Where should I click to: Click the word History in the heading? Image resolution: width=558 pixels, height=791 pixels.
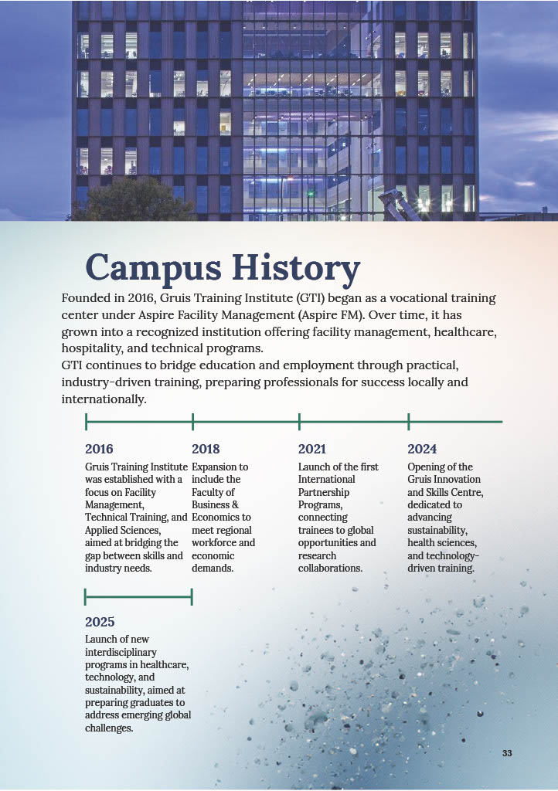point(296,268)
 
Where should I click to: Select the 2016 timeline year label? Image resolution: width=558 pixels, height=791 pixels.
point(99,449)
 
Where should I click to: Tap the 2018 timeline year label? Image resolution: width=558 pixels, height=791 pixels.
point(206,449)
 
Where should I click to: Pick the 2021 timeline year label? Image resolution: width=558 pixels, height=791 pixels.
point(312,449)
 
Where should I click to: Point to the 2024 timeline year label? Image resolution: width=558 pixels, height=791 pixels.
point(422,449)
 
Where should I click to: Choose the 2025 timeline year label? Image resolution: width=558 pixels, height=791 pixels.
point(100,622)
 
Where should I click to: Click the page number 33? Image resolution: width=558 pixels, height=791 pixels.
point(507,753)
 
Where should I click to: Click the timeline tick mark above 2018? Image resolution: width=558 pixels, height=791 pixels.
point(192,422)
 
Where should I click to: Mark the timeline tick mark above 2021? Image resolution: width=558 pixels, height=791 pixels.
point(299,422)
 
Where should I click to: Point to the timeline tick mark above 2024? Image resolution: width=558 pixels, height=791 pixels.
point(408,422)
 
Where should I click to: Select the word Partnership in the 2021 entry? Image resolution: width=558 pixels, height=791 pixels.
point(324,492)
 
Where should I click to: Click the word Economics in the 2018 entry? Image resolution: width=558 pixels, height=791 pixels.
point(221,517)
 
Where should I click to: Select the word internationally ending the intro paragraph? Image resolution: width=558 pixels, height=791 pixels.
point(103,399)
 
